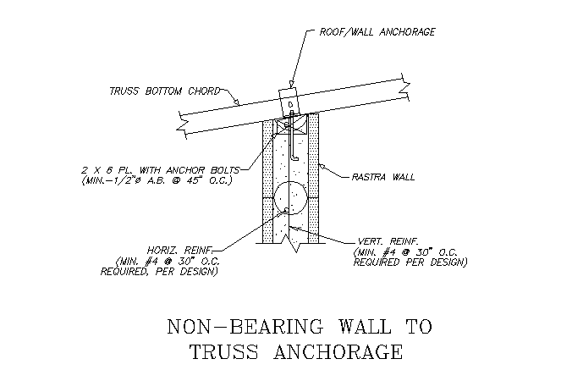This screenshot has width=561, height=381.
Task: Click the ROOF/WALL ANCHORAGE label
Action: [x=377, y=32]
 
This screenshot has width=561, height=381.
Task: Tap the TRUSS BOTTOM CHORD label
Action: [x=165, y=91]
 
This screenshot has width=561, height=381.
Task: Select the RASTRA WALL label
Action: [x=382, y=177]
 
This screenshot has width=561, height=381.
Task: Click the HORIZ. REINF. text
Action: [x=180, y=250]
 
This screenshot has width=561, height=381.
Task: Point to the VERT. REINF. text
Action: [x=388, y=241]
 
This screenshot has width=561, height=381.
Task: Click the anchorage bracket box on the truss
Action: [x=289, y=102]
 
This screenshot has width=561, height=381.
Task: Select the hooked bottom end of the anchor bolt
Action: [x=294, y=157]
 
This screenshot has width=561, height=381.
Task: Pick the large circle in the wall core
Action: [x=290, y=198]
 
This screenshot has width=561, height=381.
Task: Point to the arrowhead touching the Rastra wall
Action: [x=322, y=167]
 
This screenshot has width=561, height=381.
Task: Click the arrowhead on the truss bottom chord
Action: [x=236, y=102]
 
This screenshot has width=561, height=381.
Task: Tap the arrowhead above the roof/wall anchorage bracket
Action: [x=291, y=84]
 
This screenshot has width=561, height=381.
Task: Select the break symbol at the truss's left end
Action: [x=183, y=124]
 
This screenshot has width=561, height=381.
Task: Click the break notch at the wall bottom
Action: [x=295, y=244]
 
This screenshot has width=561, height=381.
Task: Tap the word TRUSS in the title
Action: [x=223, y=351]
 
